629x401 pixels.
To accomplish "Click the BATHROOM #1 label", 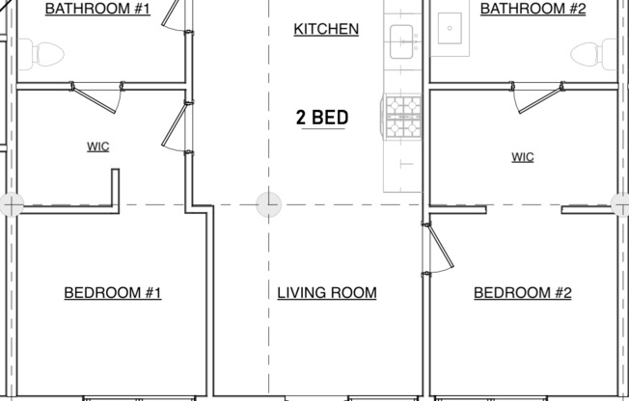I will coord(97,9).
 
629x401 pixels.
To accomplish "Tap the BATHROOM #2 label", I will coord(533,9).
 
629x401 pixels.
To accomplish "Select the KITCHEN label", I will coord(326,29).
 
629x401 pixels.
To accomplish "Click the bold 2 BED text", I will coord(321,119).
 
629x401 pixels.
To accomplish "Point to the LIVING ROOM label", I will coord(326,293).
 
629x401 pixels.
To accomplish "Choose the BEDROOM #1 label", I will coord(113,293).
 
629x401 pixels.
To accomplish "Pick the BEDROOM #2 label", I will coord(523,293).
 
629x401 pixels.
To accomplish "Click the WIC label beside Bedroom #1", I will coord(97,147).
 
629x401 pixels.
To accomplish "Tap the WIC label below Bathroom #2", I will coord(522,157).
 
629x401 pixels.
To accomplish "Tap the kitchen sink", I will coord(405,40).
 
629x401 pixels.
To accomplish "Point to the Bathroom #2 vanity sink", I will coord(450,30).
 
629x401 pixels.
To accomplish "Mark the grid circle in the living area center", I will coord(268,204).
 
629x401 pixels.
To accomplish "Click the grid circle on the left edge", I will coord(11,204).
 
